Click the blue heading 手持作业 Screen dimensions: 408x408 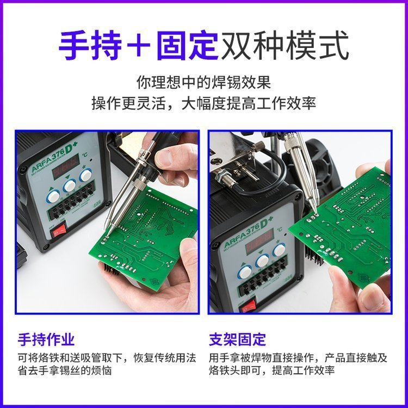click(46, 339)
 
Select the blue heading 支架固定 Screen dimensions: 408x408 click(238, 339)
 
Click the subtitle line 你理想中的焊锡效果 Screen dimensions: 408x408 click(203, 83)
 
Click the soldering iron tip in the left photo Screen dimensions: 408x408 click(108, 233)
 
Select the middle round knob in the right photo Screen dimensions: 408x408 click(262, 261)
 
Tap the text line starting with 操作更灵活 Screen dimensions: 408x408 click(203, 103)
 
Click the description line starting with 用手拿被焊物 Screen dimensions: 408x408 click(298, 357)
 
